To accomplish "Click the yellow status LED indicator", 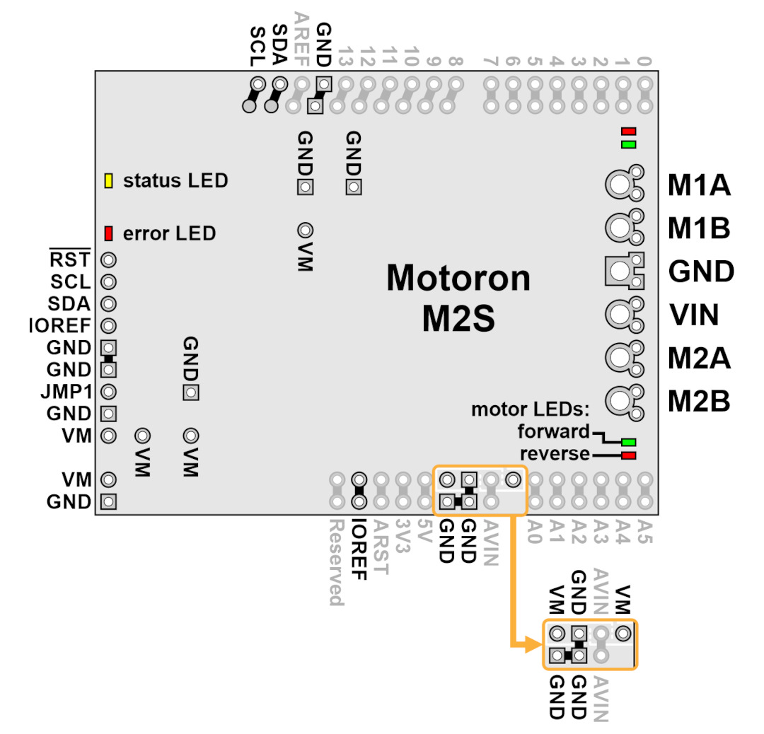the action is (109, 181).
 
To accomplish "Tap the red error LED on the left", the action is (109, 233).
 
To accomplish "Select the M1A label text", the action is (699, 185).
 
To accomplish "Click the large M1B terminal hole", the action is (620, 228).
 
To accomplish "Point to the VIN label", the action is (694, 315).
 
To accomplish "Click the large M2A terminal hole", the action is (620, 358).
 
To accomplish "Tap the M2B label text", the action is (699, 402).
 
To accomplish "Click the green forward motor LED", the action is (629, 442).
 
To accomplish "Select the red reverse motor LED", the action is (629, 455).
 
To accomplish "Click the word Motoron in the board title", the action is (458, 278).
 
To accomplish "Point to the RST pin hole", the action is (109, 260).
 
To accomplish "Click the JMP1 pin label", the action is (66, 392).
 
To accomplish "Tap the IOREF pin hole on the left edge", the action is (109, 326).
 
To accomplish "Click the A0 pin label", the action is (535, 531).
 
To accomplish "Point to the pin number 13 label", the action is (345, 56).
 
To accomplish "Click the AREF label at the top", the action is (301, 40).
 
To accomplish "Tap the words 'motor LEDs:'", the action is (530, 409).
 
